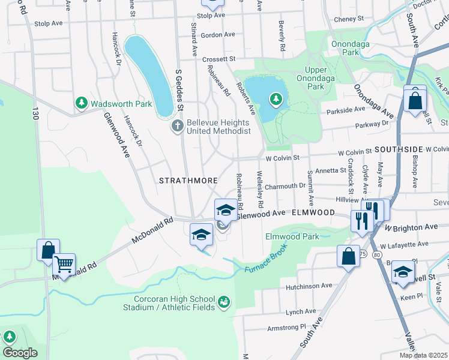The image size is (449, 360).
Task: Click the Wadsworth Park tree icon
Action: tap(82, 104)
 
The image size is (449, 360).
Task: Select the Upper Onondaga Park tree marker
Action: tap(276, 98)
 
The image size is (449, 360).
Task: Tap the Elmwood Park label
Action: tap(292, 236)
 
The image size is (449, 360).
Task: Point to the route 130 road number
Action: tap(36, 112)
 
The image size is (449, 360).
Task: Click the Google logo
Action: tap(20, 353)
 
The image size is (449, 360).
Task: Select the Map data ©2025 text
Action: tap(423, 355)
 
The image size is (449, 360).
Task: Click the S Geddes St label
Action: tap(178, 91)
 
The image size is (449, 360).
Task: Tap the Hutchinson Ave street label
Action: tap(310, 286)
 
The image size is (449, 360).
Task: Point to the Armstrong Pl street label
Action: tap(286, 328)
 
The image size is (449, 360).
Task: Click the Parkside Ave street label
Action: tap(346, 110)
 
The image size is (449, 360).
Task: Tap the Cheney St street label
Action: tap(349, 19)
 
